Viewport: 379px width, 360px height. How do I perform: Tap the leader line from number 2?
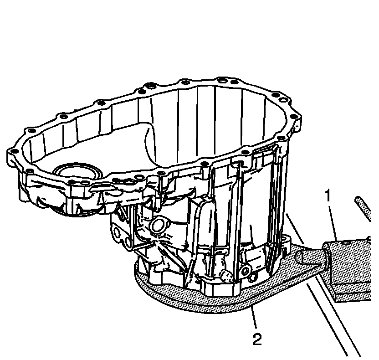(x=254, y=319)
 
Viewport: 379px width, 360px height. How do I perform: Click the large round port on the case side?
(x=159, y=225)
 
